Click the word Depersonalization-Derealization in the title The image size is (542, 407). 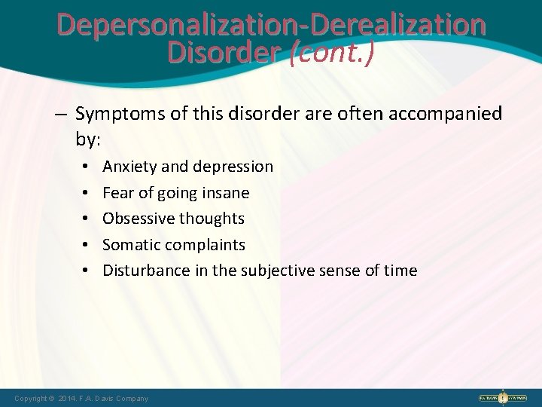coord(271,25)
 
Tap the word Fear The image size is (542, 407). coord(117,192)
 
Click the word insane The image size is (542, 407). coord(225,192)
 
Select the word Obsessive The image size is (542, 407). coord(136,219)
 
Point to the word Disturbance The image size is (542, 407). coord(142,271)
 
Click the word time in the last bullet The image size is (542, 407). coord(400,271)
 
